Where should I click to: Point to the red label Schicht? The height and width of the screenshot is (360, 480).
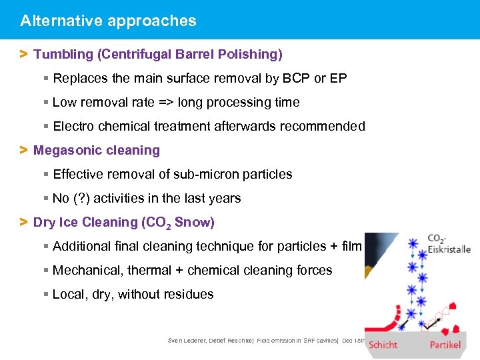pos(383,345)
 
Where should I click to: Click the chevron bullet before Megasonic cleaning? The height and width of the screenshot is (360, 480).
pos(23,150)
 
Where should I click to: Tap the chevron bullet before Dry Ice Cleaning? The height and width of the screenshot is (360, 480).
pos(23,222)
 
